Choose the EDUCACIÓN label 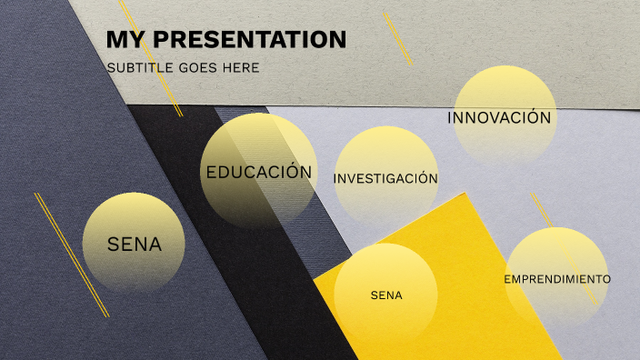(x=259, y=172)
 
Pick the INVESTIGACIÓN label (x=385, y=178)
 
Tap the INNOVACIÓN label (x=499, y=118)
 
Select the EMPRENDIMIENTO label (x=557, y=278)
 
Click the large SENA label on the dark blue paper (x=134, y=244)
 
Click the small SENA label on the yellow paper (x=386, y=295)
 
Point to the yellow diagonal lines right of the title (x=397, y=38)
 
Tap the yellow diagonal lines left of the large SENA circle (x=71, y=255)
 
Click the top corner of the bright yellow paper (x=465, y=194)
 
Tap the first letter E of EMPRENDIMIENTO (x=507, y=278)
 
